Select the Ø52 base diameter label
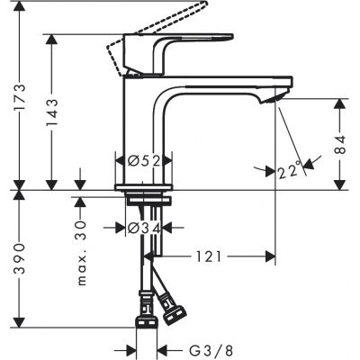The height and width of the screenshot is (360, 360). tap(144, 160)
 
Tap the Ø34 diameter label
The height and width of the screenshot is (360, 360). tap(144, 228)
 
